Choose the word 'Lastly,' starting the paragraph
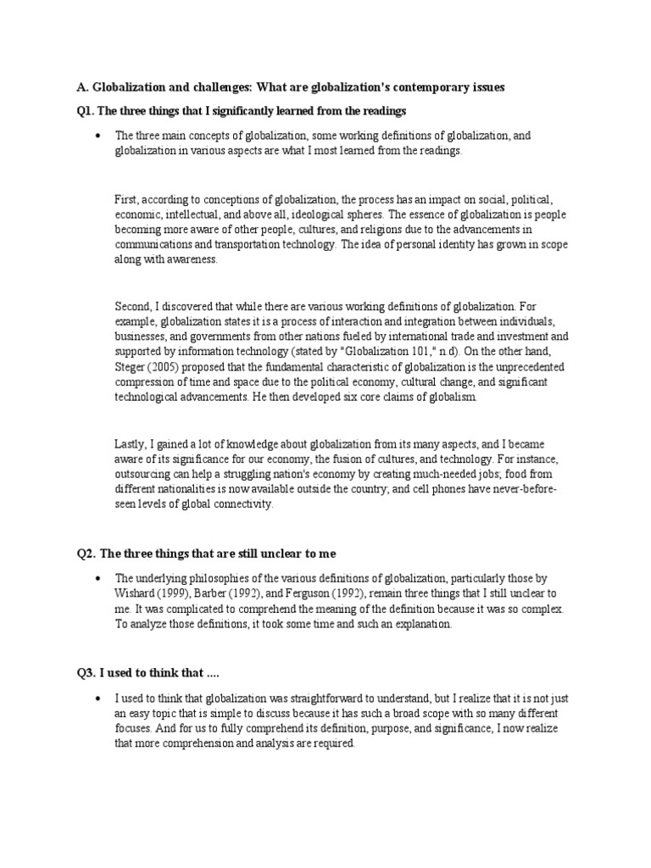tap(131, 443)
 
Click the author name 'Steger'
tap(131, 367)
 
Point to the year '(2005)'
tap(168, 367)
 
